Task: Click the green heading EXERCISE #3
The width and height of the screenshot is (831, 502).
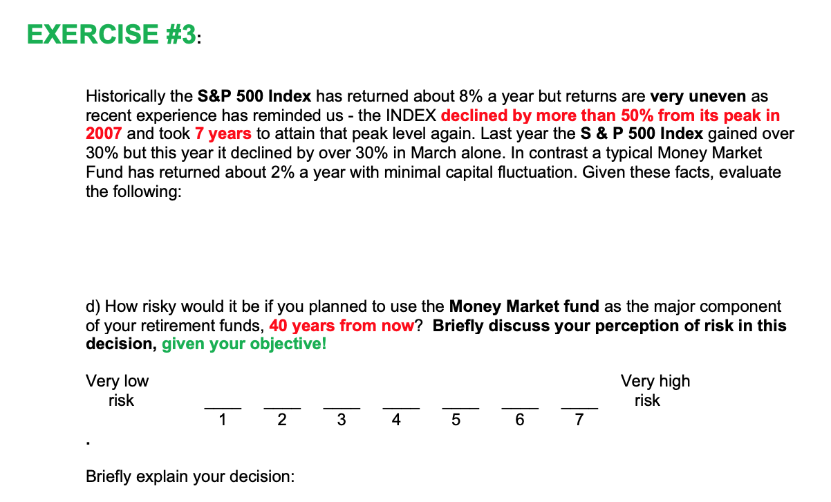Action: [111, 34]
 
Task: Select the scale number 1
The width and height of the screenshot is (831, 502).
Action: [222, 419]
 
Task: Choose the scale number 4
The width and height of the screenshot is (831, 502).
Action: [395, 419]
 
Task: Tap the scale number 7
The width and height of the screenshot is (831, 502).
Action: [579, 419]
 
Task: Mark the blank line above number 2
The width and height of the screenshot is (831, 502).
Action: [282, 408]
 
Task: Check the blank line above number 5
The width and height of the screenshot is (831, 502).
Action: [460, 408]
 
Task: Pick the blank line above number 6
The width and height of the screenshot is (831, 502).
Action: [520, 408]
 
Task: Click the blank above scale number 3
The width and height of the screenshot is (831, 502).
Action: [342, 408]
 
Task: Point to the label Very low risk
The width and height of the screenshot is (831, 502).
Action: [118, 391]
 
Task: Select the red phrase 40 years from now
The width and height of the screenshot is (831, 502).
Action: [342, 325]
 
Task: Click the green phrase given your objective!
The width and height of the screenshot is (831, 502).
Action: [244, 344]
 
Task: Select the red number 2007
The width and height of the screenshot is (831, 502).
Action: [104, 133]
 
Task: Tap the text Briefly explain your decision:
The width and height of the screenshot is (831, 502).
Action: [189, 476]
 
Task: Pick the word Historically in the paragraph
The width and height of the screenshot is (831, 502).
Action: [124, 96]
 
